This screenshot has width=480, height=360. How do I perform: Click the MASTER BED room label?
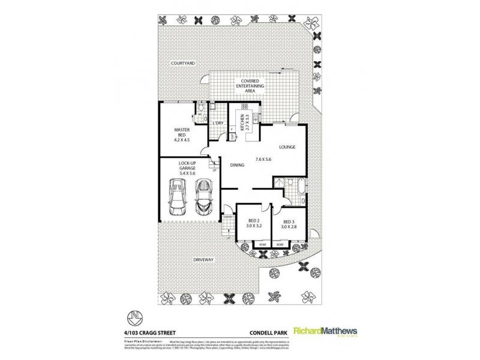181,134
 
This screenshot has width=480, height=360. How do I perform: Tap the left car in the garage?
179,199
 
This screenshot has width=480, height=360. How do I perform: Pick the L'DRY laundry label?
218,124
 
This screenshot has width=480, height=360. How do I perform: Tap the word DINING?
236,166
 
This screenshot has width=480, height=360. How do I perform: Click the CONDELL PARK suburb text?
265,328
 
